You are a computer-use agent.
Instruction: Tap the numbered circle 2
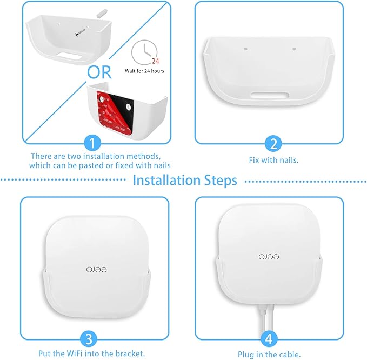coord(273,144)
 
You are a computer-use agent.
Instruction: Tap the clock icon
coord(141,52)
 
